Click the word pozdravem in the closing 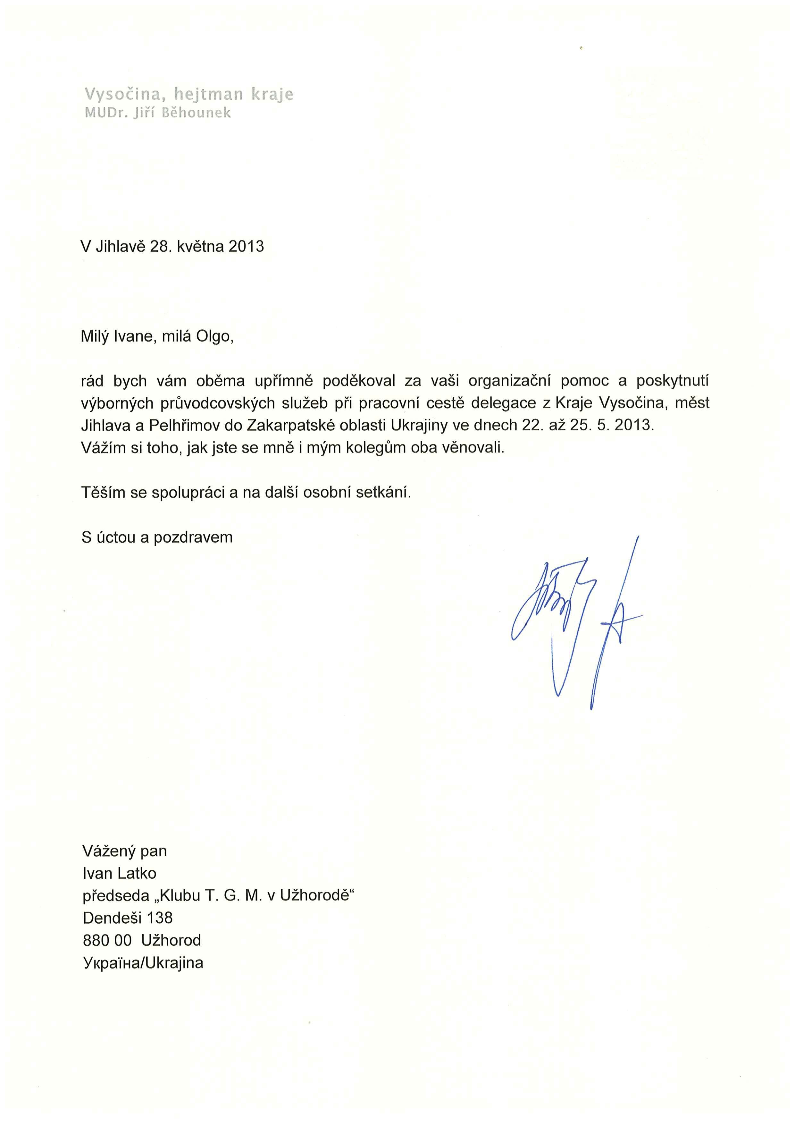193,537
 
